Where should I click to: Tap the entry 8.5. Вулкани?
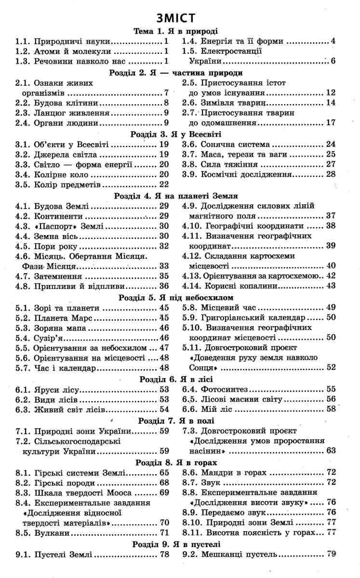[x=53, y=533]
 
